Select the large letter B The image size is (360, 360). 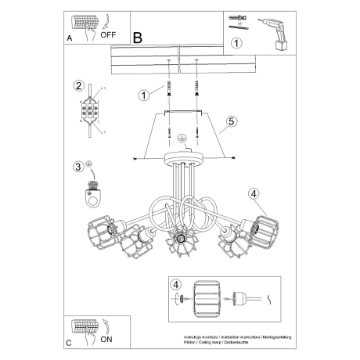(139, 37)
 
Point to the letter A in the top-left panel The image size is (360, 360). (70, 37)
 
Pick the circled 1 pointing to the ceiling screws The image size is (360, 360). (143, 95)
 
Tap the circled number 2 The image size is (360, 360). (78, 85)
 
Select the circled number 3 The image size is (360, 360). (78, 166)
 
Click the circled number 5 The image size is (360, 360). (232, 121)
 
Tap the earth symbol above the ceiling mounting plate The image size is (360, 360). (181, 137)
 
